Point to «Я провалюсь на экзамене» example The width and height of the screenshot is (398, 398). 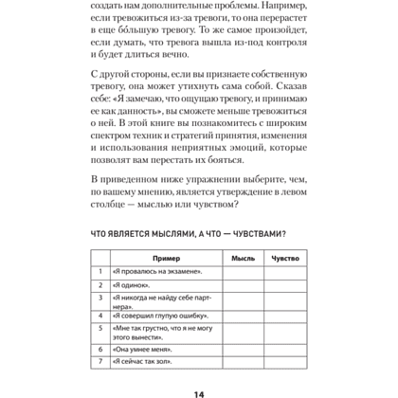coord(157,272)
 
